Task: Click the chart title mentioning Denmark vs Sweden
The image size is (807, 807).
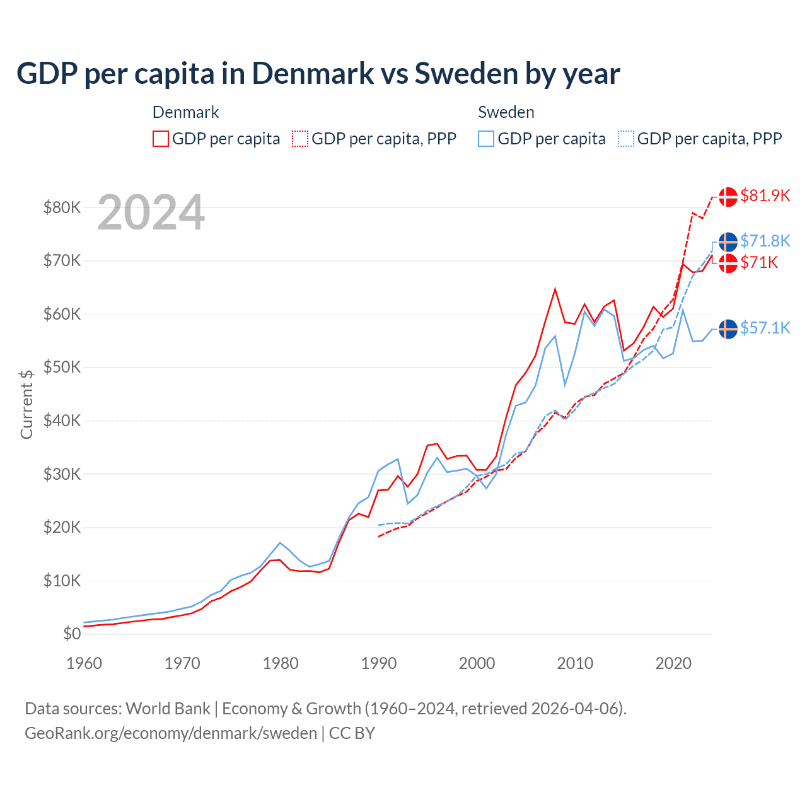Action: click(318, 74)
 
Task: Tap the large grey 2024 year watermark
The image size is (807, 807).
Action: click(151, 213)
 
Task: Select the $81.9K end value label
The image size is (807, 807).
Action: click(765, 196)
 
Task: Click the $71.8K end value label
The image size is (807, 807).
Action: click(765, 241)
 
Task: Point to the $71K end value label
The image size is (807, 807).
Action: click(759, 263)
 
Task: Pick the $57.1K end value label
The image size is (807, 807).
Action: click(765, 328)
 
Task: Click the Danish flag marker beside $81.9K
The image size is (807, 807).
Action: click(728, 197)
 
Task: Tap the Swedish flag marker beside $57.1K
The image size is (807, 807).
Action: click(728, 329)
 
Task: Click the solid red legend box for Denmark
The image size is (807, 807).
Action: click(161, 139)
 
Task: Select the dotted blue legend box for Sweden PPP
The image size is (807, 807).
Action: click(626, 139)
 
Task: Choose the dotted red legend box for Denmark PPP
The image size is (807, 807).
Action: click(300, 139)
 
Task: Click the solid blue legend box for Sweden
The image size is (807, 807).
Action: click(486, 139)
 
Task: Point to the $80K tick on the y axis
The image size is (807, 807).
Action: click(62, 207)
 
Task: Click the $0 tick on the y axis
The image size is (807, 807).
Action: click(72, 634)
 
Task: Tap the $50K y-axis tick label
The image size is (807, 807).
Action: click(62, 368)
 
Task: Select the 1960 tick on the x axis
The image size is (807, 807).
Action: click(84, 663)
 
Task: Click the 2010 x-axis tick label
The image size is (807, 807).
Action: click(575, 663)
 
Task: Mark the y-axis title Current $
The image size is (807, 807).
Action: click(26, 404)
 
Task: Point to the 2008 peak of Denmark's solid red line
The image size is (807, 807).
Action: click(555, 289)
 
